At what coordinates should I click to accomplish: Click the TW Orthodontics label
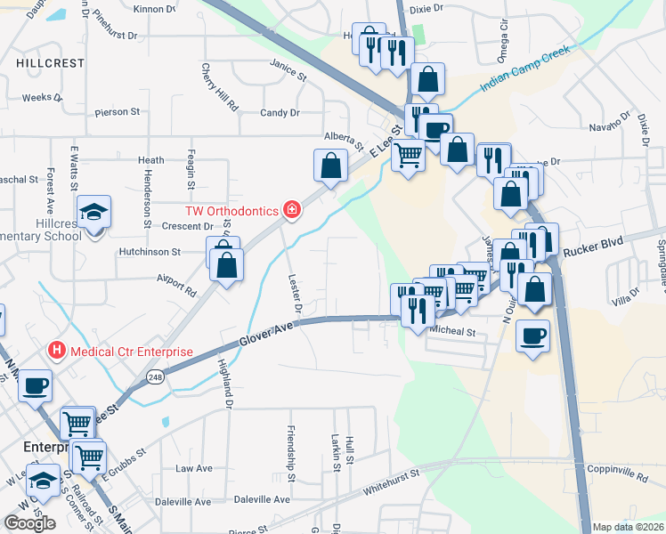click(231, 211)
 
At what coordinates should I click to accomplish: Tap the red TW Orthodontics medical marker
click(291, 210)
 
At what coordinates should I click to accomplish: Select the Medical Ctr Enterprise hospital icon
click(58, 351)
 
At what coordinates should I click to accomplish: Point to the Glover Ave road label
click(266, 335)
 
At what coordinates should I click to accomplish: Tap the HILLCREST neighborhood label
click(50, 63)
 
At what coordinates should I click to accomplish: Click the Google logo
click(29, 523)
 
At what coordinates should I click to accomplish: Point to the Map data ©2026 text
click(629, 527)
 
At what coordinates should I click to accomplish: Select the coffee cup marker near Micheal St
click(532, 336)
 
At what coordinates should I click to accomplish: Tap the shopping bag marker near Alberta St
click(330, 166)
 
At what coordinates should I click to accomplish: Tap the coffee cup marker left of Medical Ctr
click(36, 386)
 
